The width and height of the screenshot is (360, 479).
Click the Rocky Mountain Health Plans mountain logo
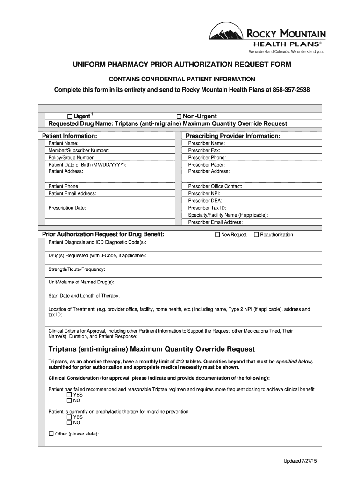(226, 36)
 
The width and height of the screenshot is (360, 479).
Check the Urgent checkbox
(70, 116)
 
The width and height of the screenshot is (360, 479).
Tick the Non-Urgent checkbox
(179, 116)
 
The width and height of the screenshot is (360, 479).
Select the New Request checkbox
(217, 234)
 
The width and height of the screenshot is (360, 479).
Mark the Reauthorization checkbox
(256, 234)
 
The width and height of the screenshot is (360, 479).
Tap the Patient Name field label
(63, 143)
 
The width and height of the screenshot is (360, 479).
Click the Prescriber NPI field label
(204, 193)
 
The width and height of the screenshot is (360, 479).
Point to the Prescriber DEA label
(205, 201)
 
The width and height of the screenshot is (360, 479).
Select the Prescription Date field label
(67, 208)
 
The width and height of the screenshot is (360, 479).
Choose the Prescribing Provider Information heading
(233, 136)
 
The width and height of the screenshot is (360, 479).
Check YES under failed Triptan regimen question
(69, 395)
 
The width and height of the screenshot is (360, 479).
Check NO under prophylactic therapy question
(69, 423)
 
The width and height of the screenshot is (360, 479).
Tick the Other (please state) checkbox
(51, 434)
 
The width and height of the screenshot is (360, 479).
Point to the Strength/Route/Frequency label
(77, 269)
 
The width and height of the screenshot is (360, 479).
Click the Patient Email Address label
(72, 193)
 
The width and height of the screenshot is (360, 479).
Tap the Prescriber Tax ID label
(207, 208)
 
